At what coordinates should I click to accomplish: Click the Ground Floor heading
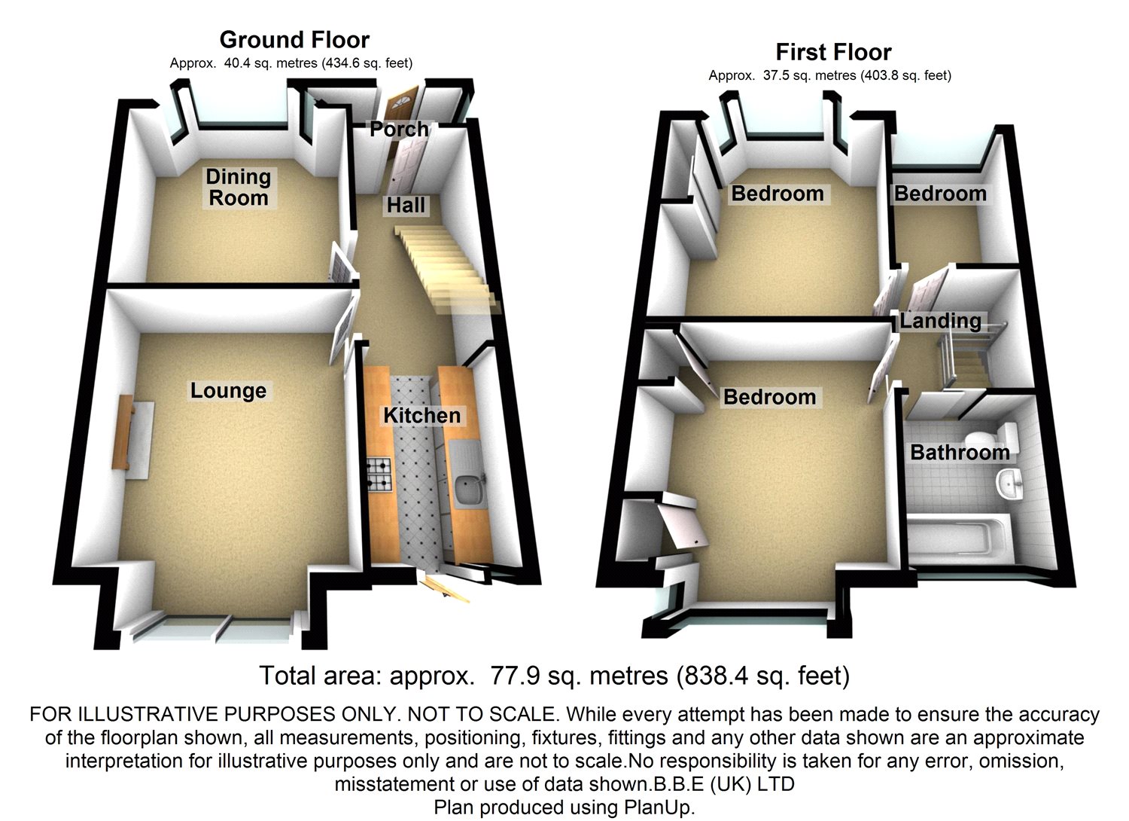pos(294,39)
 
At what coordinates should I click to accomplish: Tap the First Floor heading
pos(833,52)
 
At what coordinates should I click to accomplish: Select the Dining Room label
pos(238,188)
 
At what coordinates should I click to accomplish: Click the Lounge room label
pos(228,391)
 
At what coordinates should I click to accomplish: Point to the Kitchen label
pos(421,416)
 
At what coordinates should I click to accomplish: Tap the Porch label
pos(399,130)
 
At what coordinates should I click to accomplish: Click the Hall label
pos(406,205)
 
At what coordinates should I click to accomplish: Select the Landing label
pos(941,322)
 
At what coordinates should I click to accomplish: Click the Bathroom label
pos(960,453)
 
